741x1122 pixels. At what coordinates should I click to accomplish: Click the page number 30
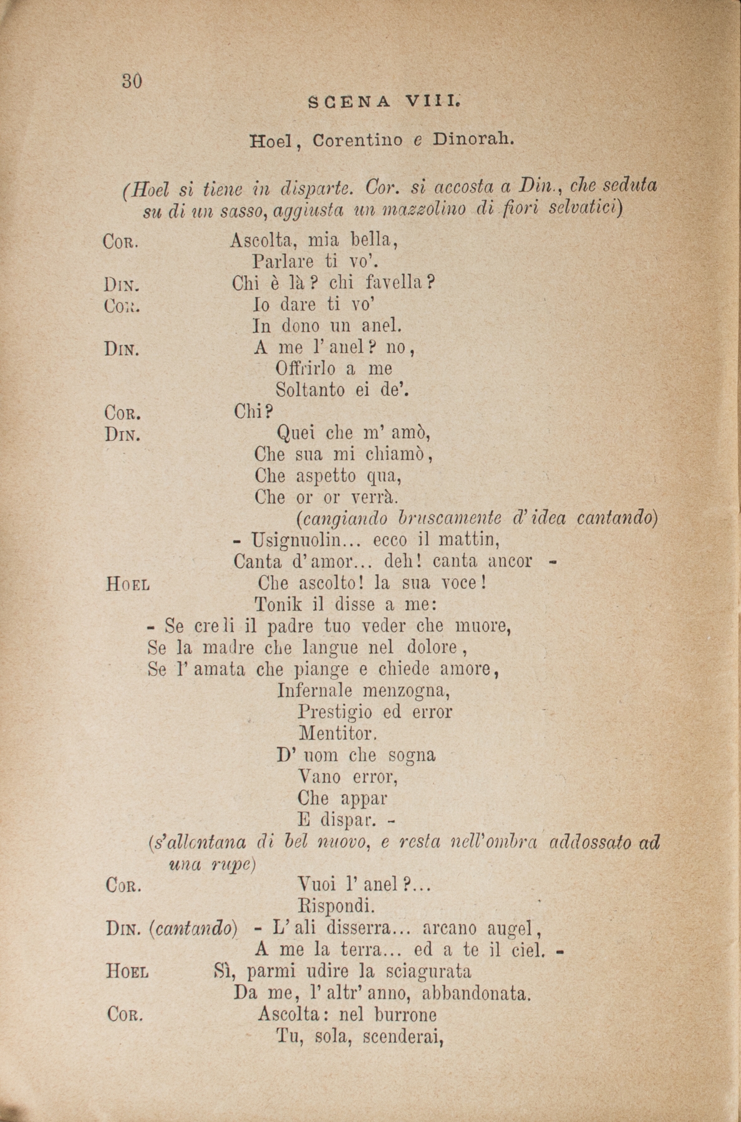[133, 82]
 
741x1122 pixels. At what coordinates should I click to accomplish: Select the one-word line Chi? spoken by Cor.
[253, 411]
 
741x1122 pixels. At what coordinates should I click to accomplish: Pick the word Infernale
[315, 691]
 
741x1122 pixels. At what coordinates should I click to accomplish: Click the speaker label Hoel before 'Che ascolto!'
[128, 585]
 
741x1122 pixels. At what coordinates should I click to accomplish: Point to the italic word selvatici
[586, 209]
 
